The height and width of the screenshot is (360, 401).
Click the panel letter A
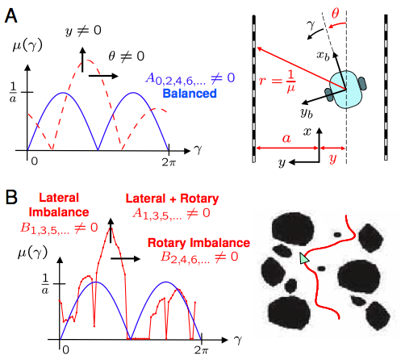(11, 15)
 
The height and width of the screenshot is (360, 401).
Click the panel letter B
(11, 197)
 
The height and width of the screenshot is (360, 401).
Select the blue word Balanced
(190, 94)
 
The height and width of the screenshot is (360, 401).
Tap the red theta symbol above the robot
(335, 13)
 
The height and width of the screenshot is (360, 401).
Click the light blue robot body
(346, 90)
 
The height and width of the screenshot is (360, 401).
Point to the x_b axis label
(323, 56)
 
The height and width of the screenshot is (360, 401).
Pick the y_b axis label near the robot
(307, 113)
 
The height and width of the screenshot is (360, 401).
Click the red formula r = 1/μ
(277, 81)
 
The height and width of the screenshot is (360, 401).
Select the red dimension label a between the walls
(286, 138)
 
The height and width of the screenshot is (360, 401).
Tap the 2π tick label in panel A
(169, 162)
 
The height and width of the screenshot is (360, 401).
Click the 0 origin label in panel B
(66, 350)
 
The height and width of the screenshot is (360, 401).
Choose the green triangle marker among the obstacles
(304, 258)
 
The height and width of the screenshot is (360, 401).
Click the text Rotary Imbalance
(198, 243)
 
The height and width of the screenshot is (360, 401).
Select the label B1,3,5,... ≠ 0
(59, 228)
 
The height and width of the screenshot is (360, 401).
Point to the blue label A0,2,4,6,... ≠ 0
(190, 78)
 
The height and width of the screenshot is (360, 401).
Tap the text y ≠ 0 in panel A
(83, 31)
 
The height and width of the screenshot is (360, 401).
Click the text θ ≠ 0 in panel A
(127, 57)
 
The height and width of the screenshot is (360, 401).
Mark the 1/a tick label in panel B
(45, 284)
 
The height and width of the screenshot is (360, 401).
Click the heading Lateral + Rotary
(172, 199)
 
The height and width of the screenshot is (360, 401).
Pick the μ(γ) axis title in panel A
(27, 46)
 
